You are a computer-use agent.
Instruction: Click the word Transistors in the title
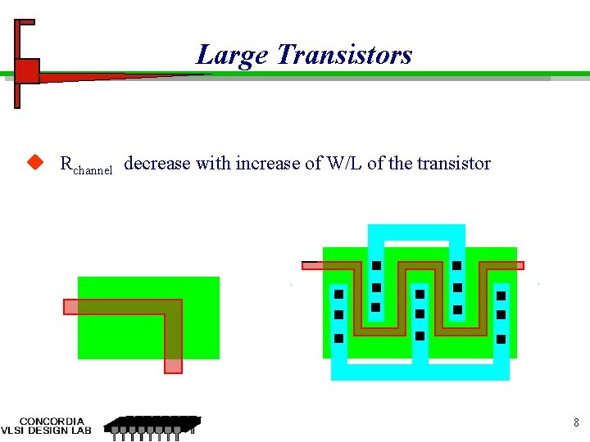(x=344, y=55)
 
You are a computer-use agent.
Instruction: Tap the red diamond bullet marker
(x=34, y=161)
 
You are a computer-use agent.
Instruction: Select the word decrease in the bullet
(x=157, y=163)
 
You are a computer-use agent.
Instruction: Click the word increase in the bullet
(x=267, y=163)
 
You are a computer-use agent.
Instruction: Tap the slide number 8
(x=576, y=423)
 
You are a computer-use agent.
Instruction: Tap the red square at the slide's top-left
(x=27, y=71)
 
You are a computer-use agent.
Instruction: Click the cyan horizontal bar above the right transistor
(x=416, y=232)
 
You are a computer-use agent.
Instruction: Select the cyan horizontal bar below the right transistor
(x=420, y=372)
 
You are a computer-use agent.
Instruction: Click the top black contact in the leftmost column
(x=338, y=292)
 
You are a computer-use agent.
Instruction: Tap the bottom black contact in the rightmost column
(x=501, y=338)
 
